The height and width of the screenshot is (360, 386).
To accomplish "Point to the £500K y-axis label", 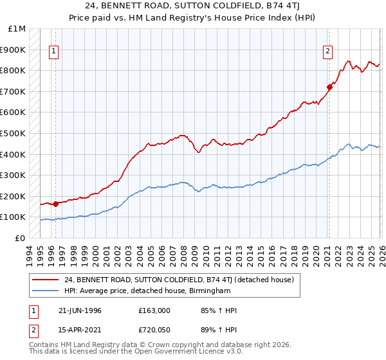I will [x=13, y=134].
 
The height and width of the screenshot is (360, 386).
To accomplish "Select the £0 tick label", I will [x=21, y=238].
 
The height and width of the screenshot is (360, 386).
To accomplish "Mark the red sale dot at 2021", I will [x=329, y=86].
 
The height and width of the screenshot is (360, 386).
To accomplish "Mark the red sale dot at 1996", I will [x=56, y=204].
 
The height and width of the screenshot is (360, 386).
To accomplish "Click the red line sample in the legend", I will [x=45, y=280].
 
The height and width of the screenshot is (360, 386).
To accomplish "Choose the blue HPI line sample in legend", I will [x=45, y=291].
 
